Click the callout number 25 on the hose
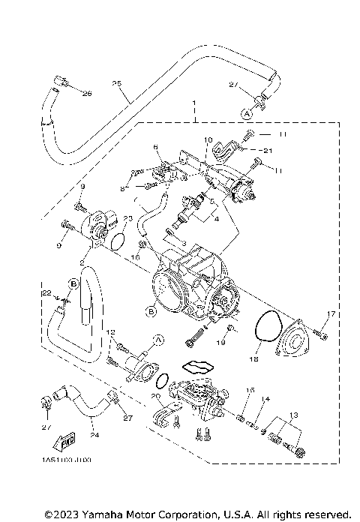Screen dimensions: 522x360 [x=115, y=82]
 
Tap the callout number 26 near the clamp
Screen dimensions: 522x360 [x=86, y=94]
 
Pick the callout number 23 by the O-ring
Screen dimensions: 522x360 [x=128, y=217]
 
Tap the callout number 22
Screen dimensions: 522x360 [x=46, y=292]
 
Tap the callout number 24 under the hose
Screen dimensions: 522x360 [x=94, y=433]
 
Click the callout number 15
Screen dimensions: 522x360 [x=251, y=390]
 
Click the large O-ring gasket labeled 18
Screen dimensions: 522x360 [x=265, y=333]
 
